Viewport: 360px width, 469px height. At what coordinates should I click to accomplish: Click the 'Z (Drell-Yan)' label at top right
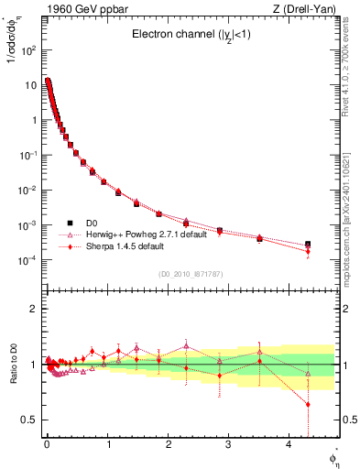click(x=305, y=9)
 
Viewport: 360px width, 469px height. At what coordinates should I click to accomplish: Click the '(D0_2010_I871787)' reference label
click(x=190, y=273)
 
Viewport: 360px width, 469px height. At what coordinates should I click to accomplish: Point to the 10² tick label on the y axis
click(x=27, y=49)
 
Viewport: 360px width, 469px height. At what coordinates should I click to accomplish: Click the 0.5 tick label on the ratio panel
click(x=30, y=420)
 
